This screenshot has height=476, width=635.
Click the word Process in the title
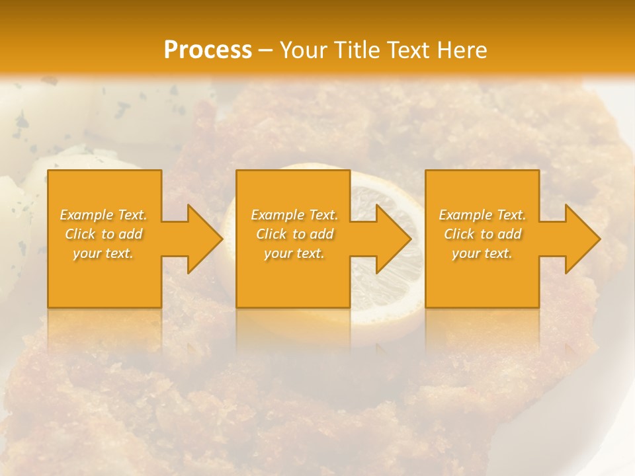point(208,50)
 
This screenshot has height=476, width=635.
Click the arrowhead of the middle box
point(392,239)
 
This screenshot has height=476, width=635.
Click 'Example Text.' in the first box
point(104,215)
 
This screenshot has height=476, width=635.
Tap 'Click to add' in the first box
point(104,234)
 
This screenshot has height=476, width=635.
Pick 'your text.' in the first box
point(104,253)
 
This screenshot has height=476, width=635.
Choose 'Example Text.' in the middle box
point(294,215)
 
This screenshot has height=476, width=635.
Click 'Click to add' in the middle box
point(294,234)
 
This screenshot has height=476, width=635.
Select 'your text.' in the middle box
point(294,253)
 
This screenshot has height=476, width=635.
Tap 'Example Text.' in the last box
point(482,215)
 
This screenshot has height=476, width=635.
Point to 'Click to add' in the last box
point(482,234)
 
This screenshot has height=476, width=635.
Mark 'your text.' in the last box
point(482,253)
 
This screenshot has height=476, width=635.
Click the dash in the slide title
point(265,50)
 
